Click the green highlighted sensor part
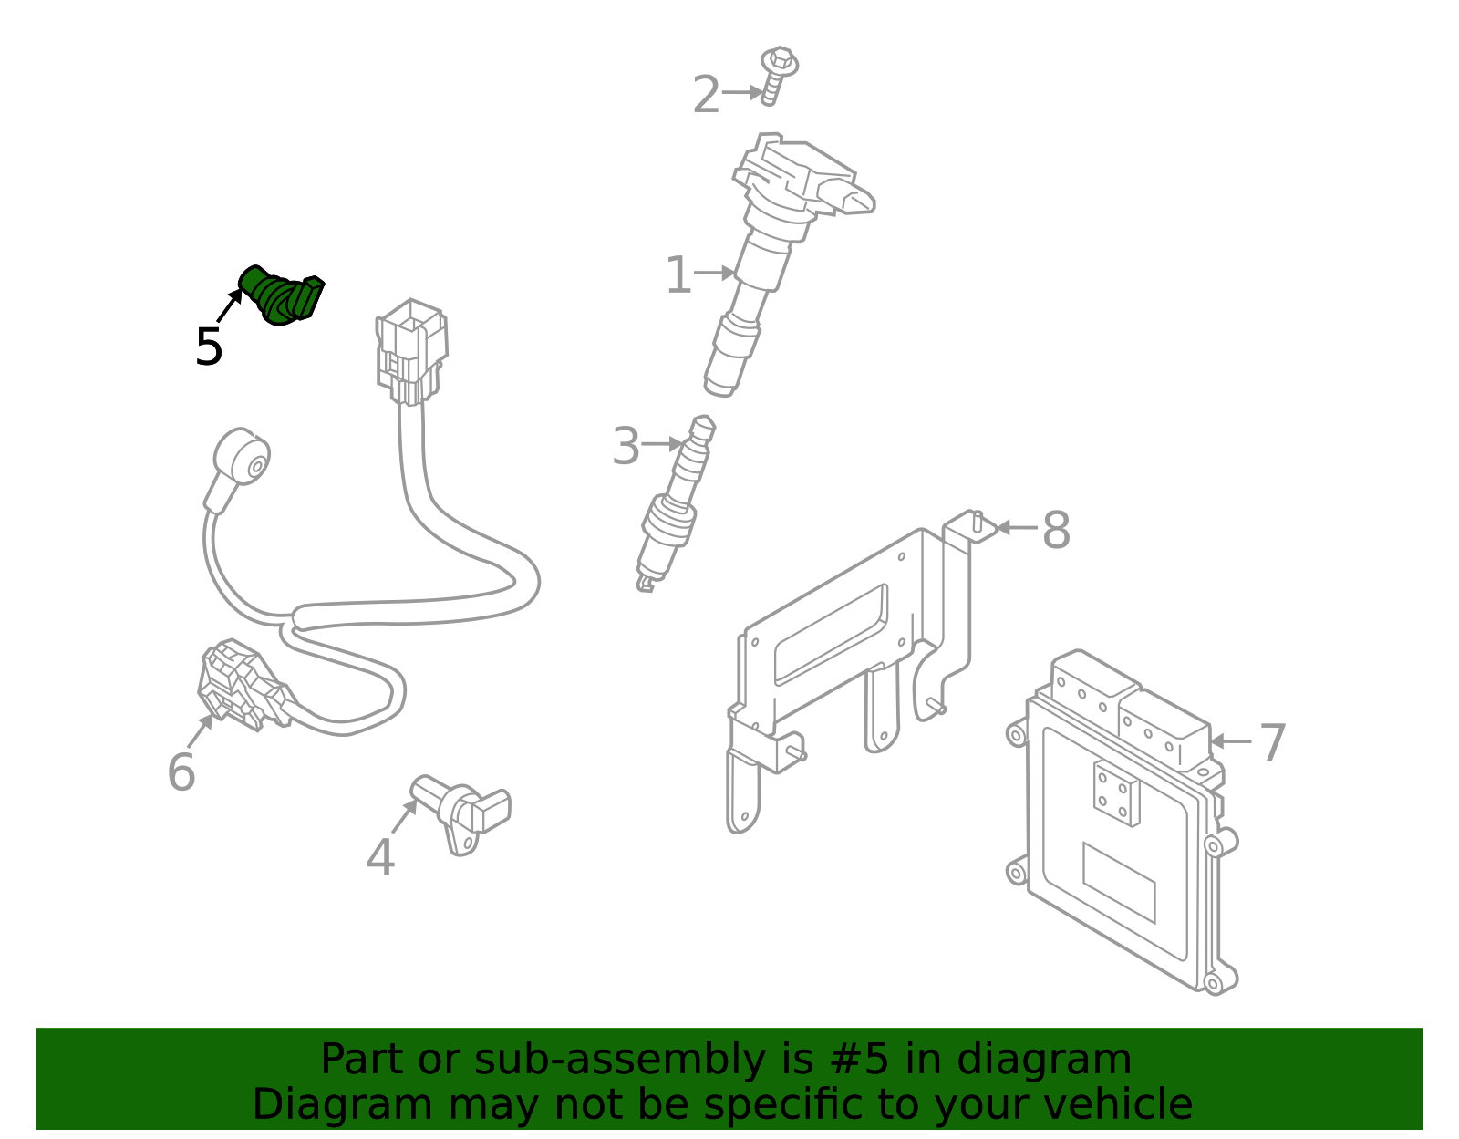tap(281, 295)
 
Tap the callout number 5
tap(209, 347)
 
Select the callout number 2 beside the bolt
tap(706, 95)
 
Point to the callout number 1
tap(678, 274)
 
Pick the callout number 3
tap(626, 447)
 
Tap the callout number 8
tap(1056, 530)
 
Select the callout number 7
tap(1273, 742)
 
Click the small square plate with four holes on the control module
tap(1116, 793)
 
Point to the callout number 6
tap(181, 772)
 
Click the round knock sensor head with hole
tap(243, 456)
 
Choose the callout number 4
tap(380, 858)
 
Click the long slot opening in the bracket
tap(830, 635)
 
